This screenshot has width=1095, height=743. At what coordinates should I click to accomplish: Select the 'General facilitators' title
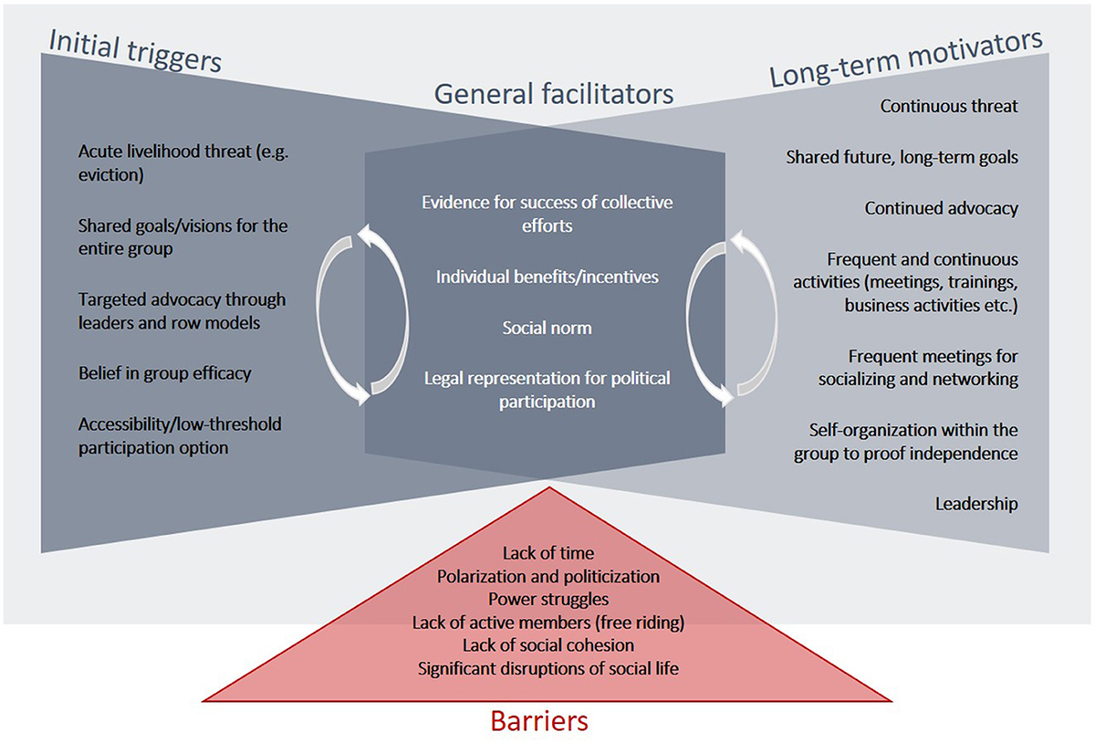[x=553, y=93]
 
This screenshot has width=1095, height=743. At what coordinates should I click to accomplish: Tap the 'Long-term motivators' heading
[x=906, y=59]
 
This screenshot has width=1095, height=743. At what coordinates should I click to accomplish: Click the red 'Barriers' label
[x=539, y=721]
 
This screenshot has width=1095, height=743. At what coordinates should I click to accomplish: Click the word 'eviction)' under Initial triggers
[x=111, y=175]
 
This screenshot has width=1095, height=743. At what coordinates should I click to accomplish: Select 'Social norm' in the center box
[x=547, y=327]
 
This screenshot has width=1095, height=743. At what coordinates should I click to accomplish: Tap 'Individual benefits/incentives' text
[x=547, y=276]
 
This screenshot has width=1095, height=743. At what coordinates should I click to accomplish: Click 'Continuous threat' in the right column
[x=949, y=106]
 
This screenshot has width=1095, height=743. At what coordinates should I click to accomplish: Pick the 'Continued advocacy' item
[x=941, y=208]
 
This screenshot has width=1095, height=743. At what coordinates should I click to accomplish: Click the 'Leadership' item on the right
[x=976, y=503]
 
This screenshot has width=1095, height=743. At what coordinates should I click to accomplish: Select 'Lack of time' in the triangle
[x=547, y=553]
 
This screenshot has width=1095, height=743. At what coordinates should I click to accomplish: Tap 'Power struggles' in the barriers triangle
[x=547, y=600]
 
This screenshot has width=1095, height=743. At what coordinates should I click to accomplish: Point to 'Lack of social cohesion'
[x=547, y=645]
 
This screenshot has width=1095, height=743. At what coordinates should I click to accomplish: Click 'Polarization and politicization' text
[x=547, y=577]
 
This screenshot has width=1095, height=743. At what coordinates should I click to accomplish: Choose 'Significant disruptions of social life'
[x=547, y=668]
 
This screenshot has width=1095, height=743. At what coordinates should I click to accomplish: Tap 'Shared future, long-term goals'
[x=902, y=157]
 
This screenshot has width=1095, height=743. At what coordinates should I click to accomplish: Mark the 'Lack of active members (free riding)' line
[x=547, y=623]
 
